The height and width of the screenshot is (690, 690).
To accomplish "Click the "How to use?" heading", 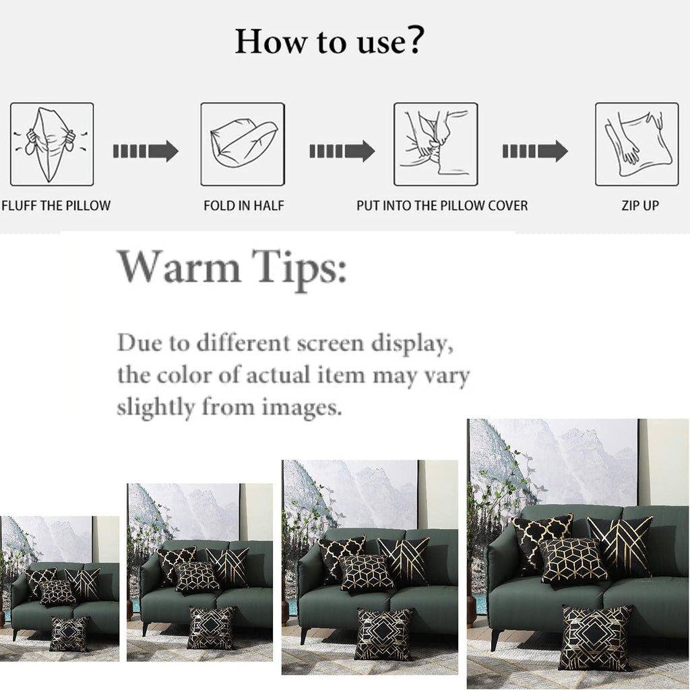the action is tap(330, 41).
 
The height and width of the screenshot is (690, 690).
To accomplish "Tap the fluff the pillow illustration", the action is tap(52, 144).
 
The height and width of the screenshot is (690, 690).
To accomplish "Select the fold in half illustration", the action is tap(243, 144).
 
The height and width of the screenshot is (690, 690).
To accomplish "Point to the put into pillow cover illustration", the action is tap(436, 144).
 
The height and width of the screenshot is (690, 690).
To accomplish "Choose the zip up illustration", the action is tap(637, 144).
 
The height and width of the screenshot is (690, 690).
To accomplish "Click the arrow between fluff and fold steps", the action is tap(146, 152).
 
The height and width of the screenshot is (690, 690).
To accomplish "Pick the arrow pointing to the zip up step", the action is tap(535, 152).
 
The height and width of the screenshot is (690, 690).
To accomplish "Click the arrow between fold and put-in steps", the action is tap(342, 152).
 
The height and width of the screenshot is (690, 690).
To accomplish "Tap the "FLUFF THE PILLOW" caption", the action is tap(56, 206).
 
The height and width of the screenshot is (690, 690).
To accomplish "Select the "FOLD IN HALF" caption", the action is tap(244, 206).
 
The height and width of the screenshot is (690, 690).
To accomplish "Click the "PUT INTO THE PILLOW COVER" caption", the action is tap(442, 206).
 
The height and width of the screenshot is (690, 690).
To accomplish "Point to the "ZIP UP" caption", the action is tap(640, 206).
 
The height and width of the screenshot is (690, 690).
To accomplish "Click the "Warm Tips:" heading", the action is tap(232, 267).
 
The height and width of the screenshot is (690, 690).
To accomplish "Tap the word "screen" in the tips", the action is tap(330, 343).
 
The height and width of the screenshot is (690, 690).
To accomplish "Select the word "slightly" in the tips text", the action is tap(156, 407).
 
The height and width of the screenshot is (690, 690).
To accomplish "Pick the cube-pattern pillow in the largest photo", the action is tap(573, 560).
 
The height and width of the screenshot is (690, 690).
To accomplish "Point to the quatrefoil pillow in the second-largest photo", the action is tap(340, 555).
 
